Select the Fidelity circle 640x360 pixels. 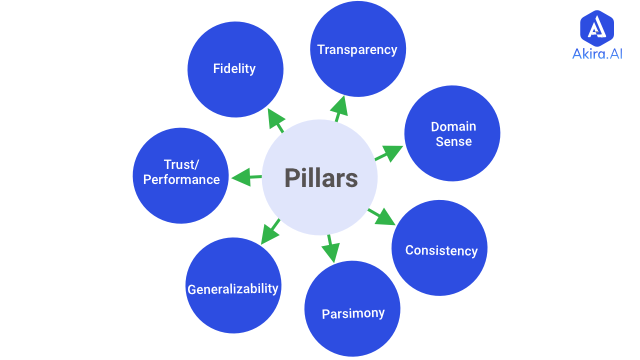point(234,69)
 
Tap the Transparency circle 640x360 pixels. point(357,49)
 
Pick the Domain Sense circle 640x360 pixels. point(452,134)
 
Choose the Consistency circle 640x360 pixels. point(441,249)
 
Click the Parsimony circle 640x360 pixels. point(352,313)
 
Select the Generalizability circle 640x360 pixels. point(233,288)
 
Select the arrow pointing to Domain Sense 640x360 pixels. point(388,153)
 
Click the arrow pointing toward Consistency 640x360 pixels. point(382,215)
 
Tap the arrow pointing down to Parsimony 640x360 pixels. point(330,247)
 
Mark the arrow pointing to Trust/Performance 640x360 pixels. point(245,178)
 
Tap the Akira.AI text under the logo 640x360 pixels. point(598,56)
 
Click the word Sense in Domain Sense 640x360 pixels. point(453,142)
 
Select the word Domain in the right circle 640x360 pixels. point(453,127)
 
